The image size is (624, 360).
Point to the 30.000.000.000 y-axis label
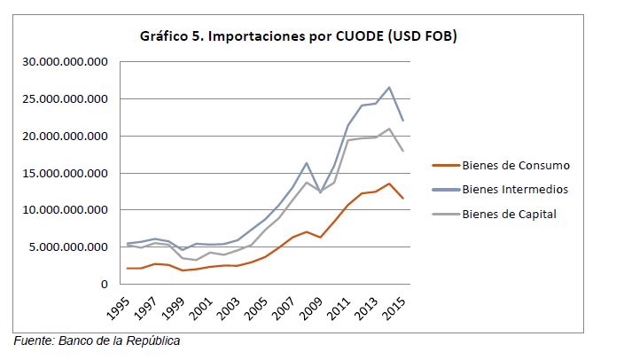pyautogui.click(x=60, y=62)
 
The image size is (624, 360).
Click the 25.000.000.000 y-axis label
pyautogui.click(x=60, y=99)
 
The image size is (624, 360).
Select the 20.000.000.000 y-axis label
pyautogui.click(x=60, y=137)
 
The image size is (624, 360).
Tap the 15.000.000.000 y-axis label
pyautogui.click(x=60, y=173)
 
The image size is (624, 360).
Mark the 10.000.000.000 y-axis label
pyautogui.click(x=60, y=210)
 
